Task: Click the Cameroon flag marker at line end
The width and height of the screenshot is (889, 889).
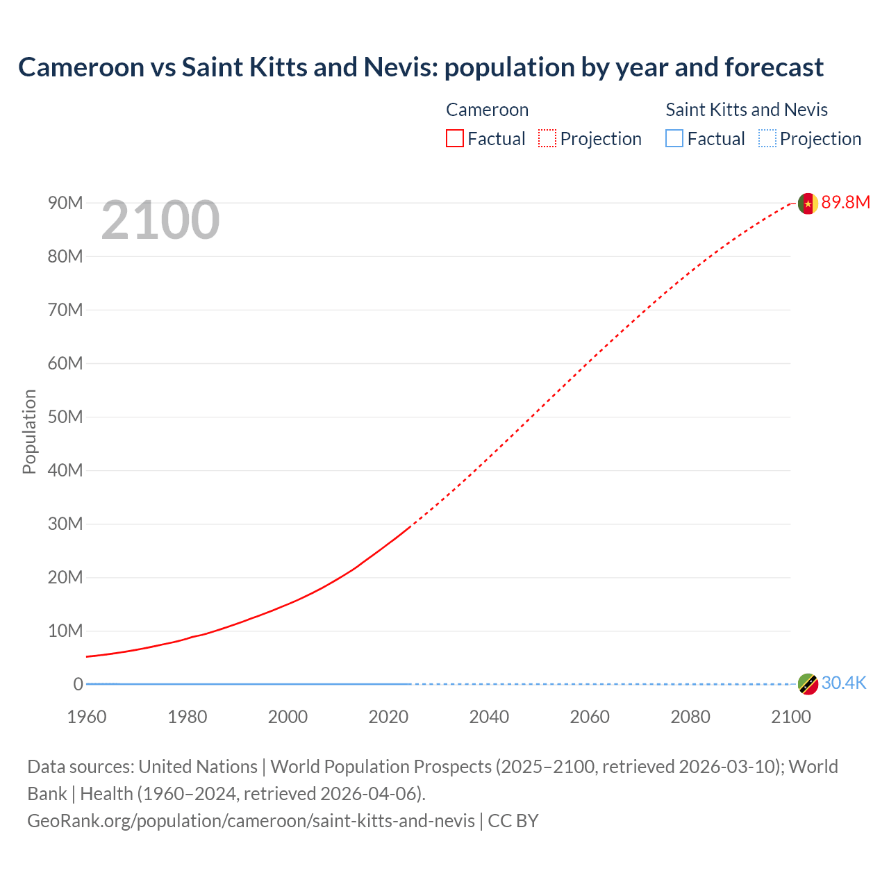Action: pyautogui.click(x=807, y=203)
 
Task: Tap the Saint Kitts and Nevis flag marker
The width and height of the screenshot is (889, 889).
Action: pyautogui.click(x=807, y=684)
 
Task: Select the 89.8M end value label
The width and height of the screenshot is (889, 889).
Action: pyautogui.click(x=845, y=202)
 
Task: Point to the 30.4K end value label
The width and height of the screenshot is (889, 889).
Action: pyautogui.click(x=844, y=683)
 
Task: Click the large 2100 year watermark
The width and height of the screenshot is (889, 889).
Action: pyautogui.click(x=160, y=220)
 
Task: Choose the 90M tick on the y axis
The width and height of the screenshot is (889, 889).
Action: pyautogui.click(x=65, y=203)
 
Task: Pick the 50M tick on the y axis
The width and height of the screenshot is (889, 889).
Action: pyautogui.click(x=65, y=417)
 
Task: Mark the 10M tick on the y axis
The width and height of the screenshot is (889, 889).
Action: pyautogui.click(x=65, y=631)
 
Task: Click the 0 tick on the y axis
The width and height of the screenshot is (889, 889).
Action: pyautogui.click(x=78, y=684)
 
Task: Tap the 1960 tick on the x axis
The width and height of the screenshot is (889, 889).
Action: pyautogui.click(x=87, y=717)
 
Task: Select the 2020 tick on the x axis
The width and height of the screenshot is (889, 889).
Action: pyautogui.click(x=388, y=717)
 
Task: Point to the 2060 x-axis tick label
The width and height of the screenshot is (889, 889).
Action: pyautogui.click(x=590, y=717)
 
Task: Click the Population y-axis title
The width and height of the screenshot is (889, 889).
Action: pyautogui.click(x=29, y=431)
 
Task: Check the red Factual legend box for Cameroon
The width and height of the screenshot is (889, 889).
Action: pyautogui.click(x=455, y=139)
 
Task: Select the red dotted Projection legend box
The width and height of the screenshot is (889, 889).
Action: pyautogui.click(x=547, y=139)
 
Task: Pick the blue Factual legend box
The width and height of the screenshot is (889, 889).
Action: pyautogui.click(x=674, y=139)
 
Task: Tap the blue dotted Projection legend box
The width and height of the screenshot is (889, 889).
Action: pyautogui.click(x=767, y=139)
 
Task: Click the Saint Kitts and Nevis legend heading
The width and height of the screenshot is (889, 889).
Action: pyautogui.click(x=747, y=110)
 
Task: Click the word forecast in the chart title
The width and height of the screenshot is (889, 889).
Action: pyautogui.click(x=774, y=67)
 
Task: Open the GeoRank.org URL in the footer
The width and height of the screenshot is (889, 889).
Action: pyautogui.click(x=251, y=821)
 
